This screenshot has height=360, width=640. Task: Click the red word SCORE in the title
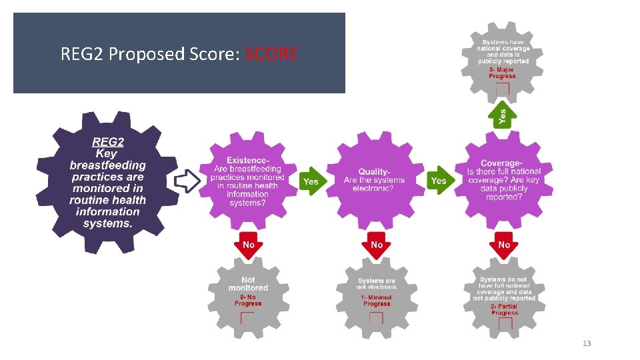click(271, 53)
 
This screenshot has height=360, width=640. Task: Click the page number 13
click(587, 343)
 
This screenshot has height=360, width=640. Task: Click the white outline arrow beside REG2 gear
click(186, 181)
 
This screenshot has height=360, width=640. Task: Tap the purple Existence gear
click(248, 181)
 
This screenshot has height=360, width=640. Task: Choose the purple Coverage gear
click(504, 180)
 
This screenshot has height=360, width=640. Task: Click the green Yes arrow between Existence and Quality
click(310, 181)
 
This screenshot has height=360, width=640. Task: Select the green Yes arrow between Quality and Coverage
click(438, 181)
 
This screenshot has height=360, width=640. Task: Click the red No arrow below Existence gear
click(248, 246)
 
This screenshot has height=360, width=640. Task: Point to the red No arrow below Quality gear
click(377, 246)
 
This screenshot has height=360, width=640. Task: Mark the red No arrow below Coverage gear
click(504, 246)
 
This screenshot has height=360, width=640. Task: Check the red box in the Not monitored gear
click(247, 319)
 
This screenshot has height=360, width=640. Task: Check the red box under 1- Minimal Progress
click(376, 319)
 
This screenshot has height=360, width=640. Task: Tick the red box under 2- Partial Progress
click(505, 324)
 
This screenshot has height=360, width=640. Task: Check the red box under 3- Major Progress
click(503, 89)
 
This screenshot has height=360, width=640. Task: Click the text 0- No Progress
click(248, 300)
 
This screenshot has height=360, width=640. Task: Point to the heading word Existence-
click(248, 161)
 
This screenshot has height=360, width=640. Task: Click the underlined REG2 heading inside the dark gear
click(107, 141)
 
